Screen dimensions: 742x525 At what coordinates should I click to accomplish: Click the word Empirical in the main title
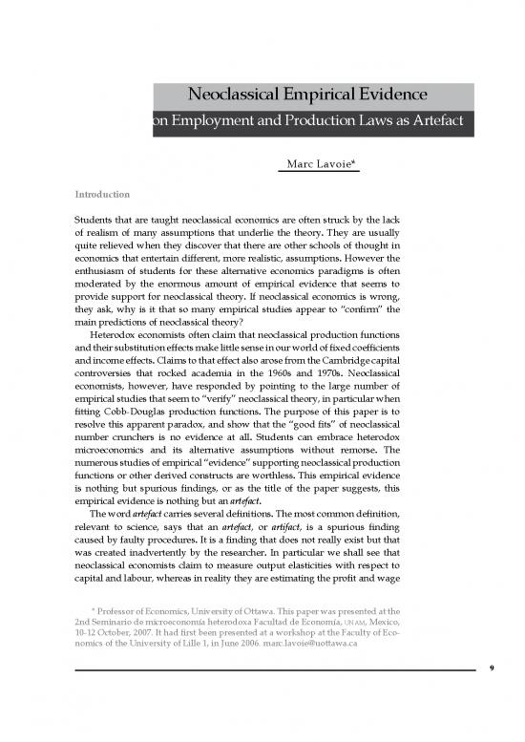point(309,95)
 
